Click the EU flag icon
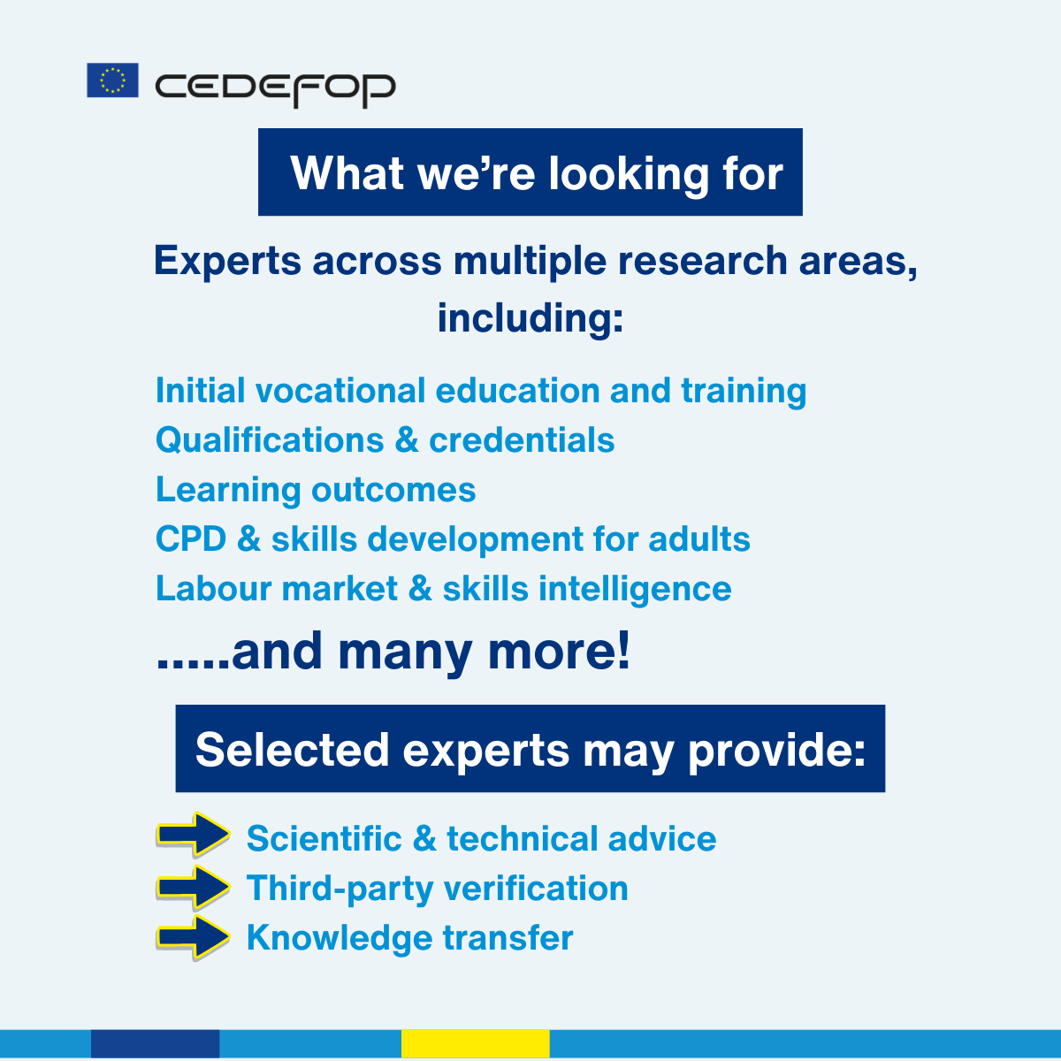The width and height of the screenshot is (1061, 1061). (x=112, y=80)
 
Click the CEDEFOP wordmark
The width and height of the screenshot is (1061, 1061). (x=275, y=88)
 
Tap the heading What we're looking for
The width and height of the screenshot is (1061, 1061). (x=530, y=172)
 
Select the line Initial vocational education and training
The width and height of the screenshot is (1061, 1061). (x=480, y=391)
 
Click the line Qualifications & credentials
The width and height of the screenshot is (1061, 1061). (x=385, y=440)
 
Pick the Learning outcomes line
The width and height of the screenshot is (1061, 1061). (x=316, y=490)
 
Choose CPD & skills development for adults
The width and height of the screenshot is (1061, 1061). (x=453, y=539)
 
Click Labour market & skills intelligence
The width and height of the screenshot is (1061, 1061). (x=443, y=589)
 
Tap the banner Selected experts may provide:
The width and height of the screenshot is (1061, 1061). (x=530, y=749)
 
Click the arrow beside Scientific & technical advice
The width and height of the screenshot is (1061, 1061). (x=193, y=834)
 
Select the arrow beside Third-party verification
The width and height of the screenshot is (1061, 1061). (x=193, y=887)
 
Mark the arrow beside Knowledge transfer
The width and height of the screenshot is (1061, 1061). (x=193, y=937)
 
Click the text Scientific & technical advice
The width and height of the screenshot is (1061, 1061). (x=481, y=839)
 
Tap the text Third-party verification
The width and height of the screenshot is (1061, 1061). (x=437, y=889)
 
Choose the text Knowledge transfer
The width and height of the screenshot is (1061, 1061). (x=409, y=938)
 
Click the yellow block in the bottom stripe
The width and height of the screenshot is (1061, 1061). (x=475, y=1043)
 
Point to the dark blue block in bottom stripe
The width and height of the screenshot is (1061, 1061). (x=155, y=1043)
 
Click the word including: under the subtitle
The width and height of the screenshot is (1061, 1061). (x=530, y=318)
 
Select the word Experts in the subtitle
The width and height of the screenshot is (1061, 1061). (x=228, y=262)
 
